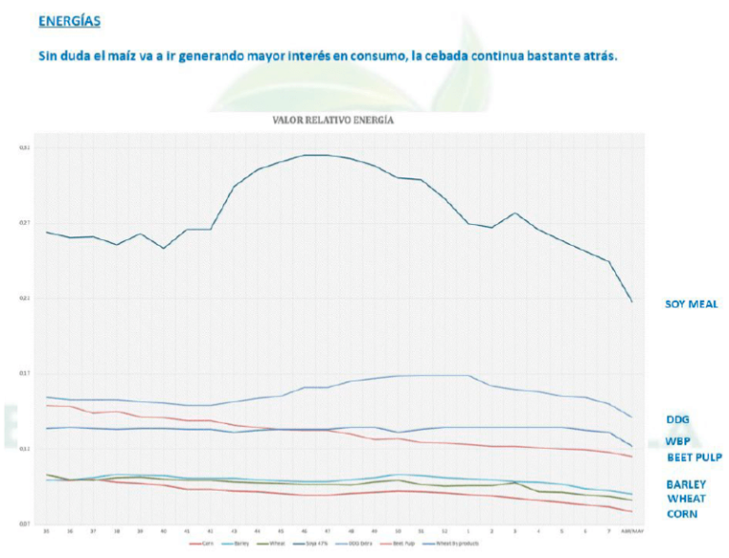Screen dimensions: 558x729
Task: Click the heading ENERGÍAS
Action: pyautogui.click(x=69, y=20)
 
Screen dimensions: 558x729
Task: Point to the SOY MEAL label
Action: pyautogui.click(x=691, y=304)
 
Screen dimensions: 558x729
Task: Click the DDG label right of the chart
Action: pyautogui.click(x=678, y=418)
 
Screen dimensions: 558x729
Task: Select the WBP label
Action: pyautogui.click(x=678, y=440)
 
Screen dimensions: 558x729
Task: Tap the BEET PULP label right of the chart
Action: pyautogui.click(x=694, y=456)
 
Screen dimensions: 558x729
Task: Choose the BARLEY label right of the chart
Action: pyautogui.click(x=686, y=484)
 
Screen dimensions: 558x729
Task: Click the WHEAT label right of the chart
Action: pyautogui.click(x=685, y=498)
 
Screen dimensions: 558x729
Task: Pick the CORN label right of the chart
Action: pyautogui.click(x=682, y=513)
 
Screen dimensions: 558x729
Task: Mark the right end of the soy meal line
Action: pyautogui.click(x=633, y=302)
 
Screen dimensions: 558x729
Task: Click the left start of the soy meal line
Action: pyautogui.click(x=47, y=232)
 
